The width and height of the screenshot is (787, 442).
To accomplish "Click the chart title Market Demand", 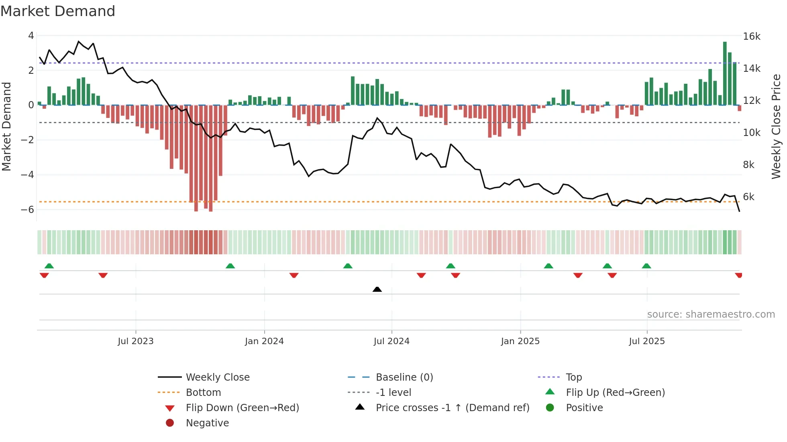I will coord(58,11).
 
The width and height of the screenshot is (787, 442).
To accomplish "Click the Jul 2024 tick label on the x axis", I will coord(391,341).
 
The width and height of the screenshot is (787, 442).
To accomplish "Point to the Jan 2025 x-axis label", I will coord(520,341).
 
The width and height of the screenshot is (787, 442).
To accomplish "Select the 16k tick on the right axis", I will coord(751,36).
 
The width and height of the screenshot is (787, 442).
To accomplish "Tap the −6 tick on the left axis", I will coord(28,209).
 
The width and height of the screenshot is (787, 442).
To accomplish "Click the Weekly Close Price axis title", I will coord(776,126).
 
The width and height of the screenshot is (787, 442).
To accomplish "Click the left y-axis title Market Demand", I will coord(7,126).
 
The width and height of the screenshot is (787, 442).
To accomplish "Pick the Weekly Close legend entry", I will coord(217,377).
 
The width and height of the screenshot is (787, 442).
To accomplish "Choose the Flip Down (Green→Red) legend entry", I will coord(242,408).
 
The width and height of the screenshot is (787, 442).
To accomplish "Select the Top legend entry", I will coord(573,377).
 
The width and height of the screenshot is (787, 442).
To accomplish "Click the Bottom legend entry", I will coord(203,393).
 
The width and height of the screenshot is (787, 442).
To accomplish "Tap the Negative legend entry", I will coord(207,423).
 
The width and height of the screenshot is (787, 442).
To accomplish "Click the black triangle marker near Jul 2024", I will coord(377,289).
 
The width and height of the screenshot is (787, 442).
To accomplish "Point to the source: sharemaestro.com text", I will coord(711,314).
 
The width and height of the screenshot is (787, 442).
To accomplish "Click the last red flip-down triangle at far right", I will coord(738,275).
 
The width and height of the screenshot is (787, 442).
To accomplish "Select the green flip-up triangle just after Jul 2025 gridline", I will coord(646,266).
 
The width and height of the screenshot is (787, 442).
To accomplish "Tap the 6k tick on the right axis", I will coord(748,197).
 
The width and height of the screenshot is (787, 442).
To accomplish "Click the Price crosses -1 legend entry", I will coord(452,408).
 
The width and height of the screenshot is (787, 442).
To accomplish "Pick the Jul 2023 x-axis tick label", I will coord(135,341).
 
